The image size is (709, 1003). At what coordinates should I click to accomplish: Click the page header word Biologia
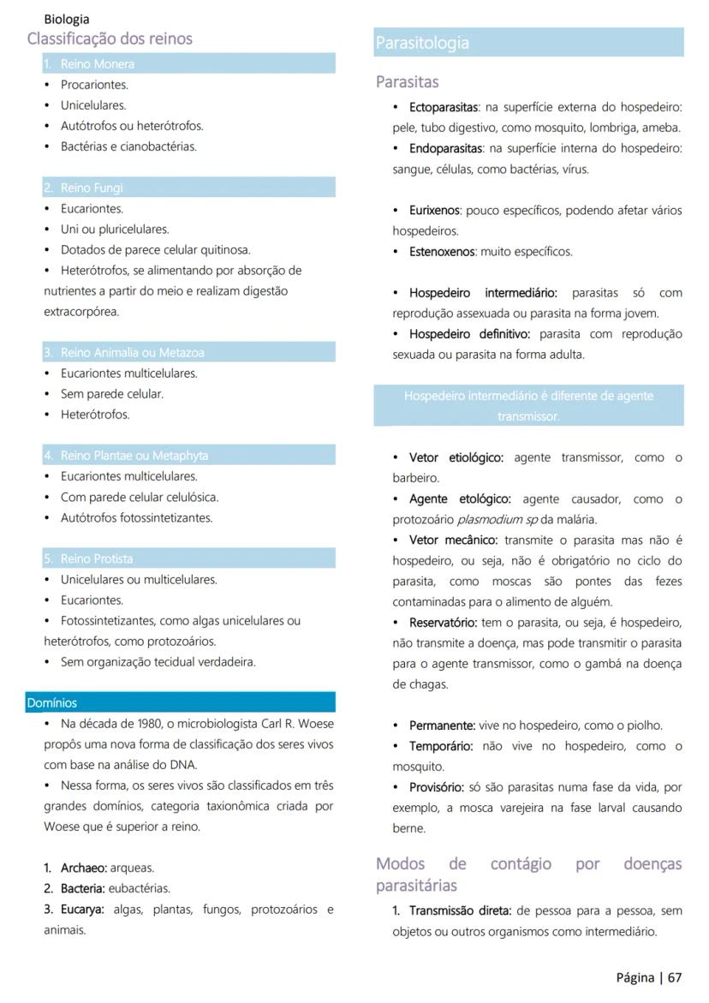pyautogui.click(x=66, y=19)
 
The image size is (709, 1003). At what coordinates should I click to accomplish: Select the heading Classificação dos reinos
pyautogui.click(x=110, y=39)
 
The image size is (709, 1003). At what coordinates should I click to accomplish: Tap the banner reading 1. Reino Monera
pyautogui.click(x=188, y=63)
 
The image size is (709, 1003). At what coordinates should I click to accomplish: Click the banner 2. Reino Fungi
pyautogui.click(x=188, y=188)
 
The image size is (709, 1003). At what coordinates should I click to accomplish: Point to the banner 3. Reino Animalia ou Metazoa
pyautogui.click(x=188, y=352)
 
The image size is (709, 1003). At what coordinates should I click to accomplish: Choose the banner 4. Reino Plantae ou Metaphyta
pyautogui.click(x=188, y=455)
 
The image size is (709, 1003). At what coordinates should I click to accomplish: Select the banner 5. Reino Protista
pyautogui.click(x=188, y=558)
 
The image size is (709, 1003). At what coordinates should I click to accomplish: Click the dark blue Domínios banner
pyautogui.click(x=180, y=702)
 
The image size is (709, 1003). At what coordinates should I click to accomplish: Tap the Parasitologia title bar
pyautogui.click(x=527, y=43)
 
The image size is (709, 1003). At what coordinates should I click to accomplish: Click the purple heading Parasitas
pyautogui.click(x=407, y=82)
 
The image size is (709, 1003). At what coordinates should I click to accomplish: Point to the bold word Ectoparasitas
pyautogui.click(x=443, y=107)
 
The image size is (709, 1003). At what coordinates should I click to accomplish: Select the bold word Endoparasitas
pyautogui.click(x=444, y=148)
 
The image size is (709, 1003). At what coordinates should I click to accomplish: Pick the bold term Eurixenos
pyautogui.click(x=434, y=210)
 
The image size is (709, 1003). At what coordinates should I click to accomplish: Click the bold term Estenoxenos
pyautogui.click(x=441, y=252)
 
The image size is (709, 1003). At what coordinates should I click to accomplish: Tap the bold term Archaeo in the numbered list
pyautogui.click(x=83, y=868)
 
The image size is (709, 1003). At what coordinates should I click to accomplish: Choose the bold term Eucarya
pyautogui.click(x=82, y=909)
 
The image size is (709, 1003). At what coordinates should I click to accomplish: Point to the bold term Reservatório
pyautogui.click(x=443, y=622)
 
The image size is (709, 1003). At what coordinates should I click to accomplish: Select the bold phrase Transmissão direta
pyautogui.click(x=459, y=910)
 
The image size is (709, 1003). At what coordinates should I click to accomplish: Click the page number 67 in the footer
pyautogui.click(x=675, y=977)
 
